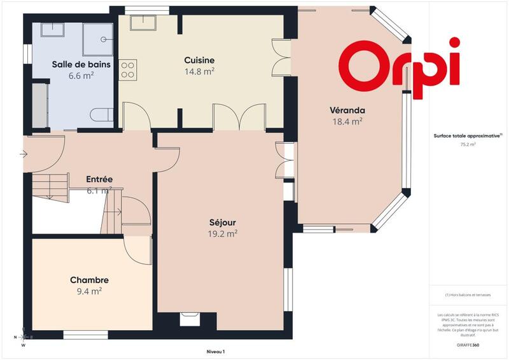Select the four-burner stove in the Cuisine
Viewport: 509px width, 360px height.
(127, 69)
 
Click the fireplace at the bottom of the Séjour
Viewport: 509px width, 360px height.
(189, 317)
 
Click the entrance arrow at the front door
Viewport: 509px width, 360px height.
(24, 153)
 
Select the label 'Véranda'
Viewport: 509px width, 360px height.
(347, 110)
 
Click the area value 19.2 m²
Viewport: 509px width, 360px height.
(223, 233)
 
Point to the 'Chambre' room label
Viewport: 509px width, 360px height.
(89, 280)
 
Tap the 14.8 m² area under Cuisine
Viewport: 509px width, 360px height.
(200, 71)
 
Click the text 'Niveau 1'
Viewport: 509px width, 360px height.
(216, 351)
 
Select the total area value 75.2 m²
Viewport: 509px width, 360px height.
(468, 144)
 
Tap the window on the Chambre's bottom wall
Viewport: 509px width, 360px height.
(85, 334)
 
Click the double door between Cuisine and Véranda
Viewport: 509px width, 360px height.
(279, 57)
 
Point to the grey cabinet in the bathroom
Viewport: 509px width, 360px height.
(39, 104)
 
